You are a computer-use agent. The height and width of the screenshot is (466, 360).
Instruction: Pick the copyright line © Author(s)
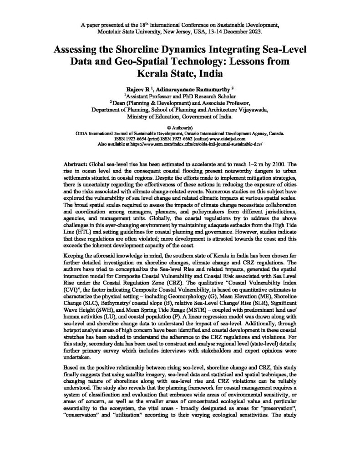click(180, 128)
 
